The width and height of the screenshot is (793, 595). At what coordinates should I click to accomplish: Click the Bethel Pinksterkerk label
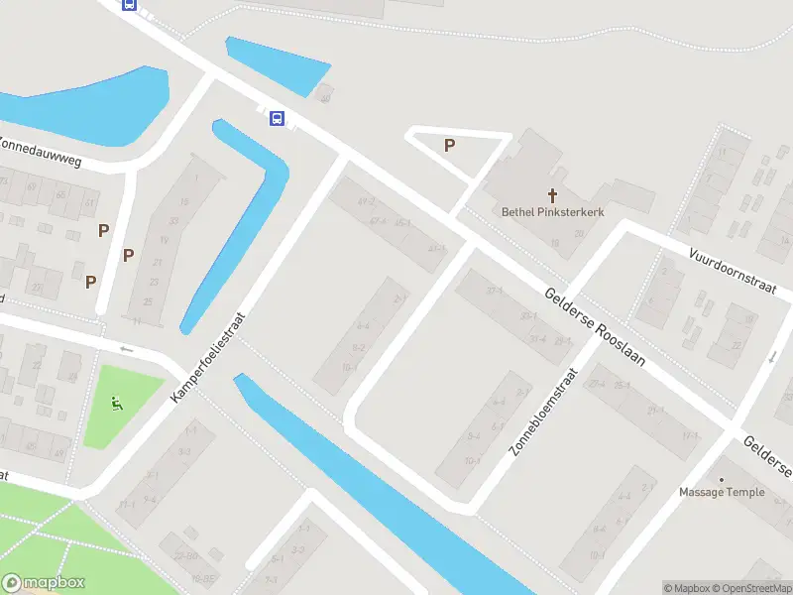click(x=552, y=211)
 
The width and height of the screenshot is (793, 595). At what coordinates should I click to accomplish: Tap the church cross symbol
click(x=552, y=193)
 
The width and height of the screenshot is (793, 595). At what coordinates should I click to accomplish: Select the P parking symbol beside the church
click(x=449, y=146)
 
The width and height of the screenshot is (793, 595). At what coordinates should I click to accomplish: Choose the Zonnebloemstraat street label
click(x=543, y=412)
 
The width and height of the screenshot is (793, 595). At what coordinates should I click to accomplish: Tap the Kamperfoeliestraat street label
click(x=207, y=353)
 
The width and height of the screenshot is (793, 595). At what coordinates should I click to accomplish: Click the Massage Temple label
click(x=722, y=492)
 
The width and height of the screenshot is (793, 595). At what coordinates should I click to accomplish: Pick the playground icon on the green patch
click(x=117, y=404)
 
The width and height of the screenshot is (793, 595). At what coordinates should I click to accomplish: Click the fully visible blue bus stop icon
click(x=278, y=119)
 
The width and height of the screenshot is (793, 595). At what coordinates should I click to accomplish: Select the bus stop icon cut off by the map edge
click(x=129, y=4)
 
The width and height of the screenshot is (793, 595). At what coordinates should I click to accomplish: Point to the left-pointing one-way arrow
click(x=125, y=349)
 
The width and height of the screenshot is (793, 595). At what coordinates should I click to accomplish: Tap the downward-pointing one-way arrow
click(x=773, y=357)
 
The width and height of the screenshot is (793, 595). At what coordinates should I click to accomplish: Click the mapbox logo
click(x=44, y=583)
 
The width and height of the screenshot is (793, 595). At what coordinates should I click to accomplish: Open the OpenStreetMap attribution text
click(x=750, y=588)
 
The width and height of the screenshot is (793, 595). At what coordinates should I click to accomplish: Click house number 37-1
click(x=494, y=291)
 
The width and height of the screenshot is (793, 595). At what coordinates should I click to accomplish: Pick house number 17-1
click(x=690, y=435)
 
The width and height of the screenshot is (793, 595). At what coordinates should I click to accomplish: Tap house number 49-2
click(x=367, y=202)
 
